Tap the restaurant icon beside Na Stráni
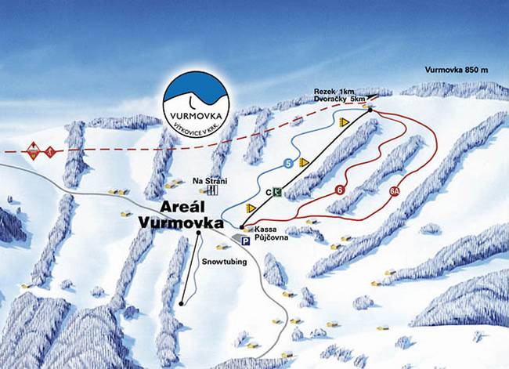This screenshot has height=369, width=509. [213, 189]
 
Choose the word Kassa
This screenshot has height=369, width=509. [262, 233]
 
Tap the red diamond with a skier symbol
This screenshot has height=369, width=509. [33, 151]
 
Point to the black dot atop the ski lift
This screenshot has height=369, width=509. [370, 110]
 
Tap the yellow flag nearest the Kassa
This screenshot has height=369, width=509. [251, 208]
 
